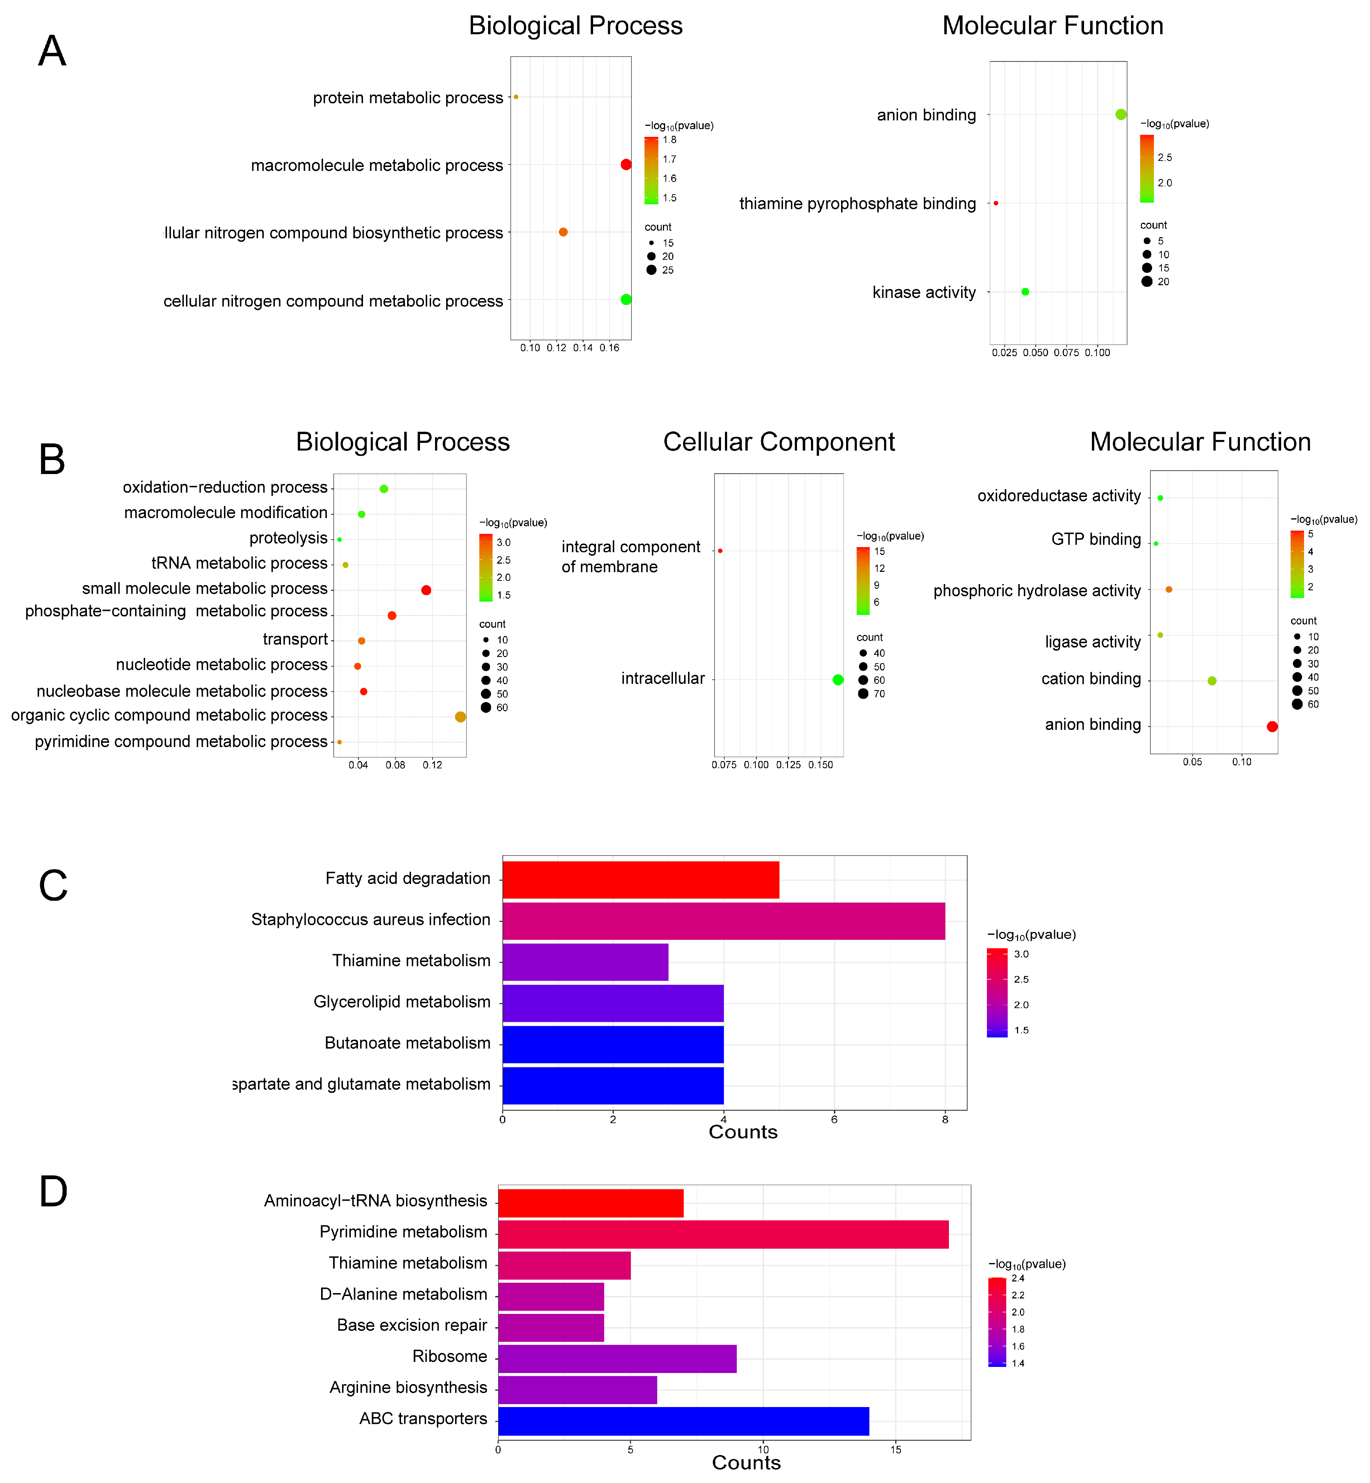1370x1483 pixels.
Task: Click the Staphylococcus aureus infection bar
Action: [724, 920]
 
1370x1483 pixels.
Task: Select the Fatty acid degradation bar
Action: [640, 880]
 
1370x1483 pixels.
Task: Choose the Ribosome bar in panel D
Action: [617, 1358]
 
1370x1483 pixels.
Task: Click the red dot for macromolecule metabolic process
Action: [626, 164]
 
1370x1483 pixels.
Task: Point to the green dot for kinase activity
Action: [1025, 292]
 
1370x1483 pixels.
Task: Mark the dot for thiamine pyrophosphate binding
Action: [996, 203]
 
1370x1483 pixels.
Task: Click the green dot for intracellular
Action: [838, 680]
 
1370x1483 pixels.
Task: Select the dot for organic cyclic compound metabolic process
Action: [460, 717]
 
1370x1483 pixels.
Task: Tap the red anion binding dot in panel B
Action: [1272, 726]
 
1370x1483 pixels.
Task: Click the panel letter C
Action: [53, 886]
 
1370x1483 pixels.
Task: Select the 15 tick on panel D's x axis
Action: [896, 1449]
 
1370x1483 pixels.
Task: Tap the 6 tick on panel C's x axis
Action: [834, 1119]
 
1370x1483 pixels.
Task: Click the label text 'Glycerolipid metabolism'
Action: [402, 1002]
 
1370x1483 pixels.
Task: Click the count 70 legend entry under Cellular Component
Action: [871, 694]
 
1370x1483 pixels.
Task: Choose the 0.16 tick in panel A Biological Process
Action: [609, 348]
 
